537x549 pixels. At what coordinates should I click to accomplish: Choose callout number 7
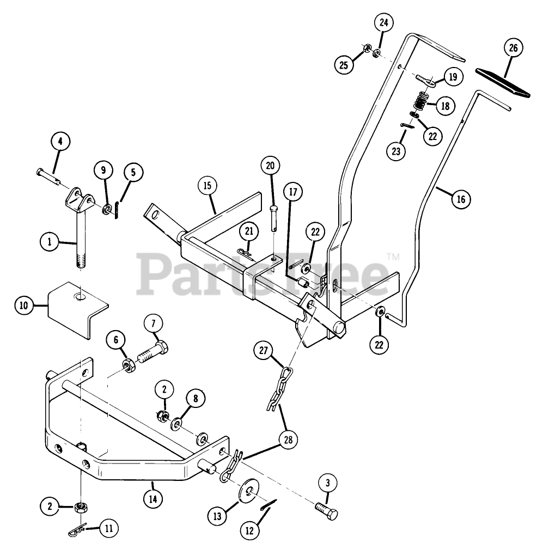pos(153,324)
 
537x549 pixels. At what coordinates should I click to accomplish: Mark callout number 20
pos(271,164)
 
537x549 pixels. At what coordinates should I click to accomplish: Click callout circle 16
pos(461,199)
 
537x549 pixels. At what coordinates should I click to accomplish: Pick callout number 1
pos(49,241)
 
